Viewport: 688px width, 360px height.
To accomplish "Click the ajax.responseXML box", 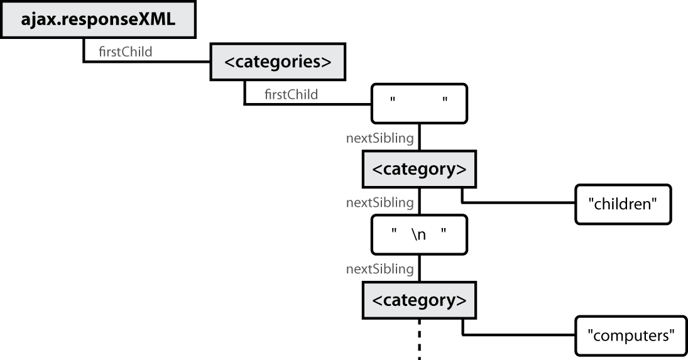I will [x=97, y=20].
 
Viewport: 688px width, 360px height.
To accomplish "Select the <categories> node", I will [x=277, y=62].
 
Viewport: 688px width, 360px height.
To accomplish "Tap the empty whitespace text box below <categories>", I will [x=419, y=103].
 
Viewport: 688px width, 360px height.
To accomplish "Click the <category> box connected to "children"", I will [x=419, y=169].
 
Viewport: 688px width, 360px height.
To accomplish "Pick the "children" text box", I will [x=623, y=204].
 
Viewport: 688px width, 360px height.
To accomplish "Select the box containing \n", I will [x=419, y=235].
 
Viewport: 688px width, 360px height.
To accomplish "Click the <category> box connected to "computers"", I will [x=419, y=300].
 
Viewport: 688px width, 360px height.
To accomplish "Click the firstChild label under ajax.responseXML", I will [x=126, y=52].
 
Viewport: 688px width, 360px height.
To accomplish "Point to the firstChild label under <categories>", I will [x=291, y=95].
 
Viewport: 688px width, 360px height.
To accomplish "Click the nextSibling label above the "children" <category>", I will [x=379, y=138].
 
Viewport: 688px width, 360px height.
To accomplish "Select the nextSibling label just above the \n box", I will [x=379, y=203].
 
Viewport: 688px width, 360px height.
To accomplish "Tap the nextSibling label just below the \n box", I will [x=379, y=269].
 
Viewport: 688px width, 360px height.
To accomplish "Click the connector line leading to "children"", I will [x=518, y=203].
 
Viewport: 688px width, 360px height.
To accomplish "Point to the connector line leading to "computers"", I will [x=518, y=334].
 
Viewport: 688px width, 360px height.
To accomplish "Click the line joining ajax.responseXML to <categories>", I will [x=145, y=62].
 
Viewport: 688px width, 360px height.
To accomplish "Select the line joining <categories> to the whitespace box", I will [x=308, y=104].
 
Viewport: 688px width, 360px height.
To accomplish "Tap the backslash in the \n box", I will [x=414, y=235].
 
